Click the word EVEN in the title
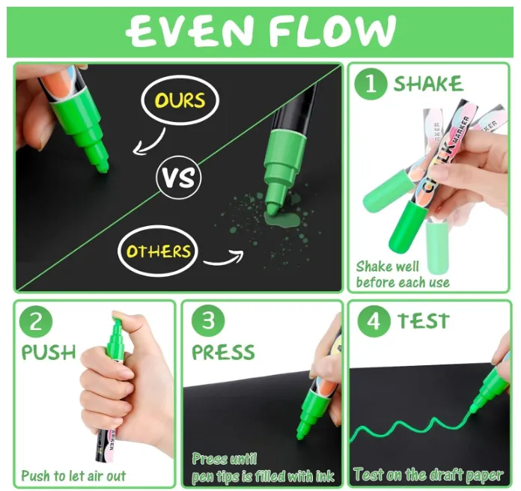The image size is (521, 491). click(189, 31)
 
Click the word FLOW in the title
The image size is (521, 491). click(332, 31)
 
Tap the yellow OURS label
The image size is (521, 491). click(180, 100)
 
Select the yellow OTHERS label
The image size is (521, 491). click(159, 251)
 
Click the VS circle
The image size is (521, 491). click(179, 177)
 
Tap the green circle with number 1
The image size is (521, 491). click(371, 83)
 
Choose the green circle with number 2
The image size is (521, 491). click(36, 322)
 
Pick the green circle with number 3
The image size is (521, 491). click(208, 321)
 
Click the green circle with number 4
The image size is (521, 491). click(374, 322)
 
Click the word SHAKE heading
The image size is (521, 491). click(428, 83)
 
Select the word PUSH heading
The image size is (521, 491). click(49, 353)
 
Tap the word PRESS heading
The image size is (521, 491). click(223, 352)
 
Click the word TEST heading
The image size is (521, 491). click(424, 321)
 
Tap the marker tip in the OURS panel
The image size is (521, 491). click(103, 167)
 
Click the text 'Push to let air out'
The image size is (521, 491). click(73, 476)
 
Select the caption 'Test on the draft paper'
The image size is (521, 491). click(428, 475)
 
